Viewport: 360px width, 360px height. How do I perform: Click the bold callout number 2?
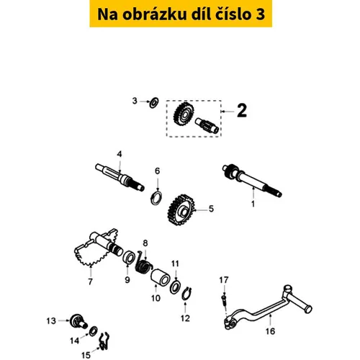pos(242,111)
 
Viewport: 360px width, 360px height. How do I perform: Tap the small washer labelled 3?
pos(154,102)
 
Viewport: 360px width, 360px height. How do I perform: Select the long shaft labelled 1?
pos(251,180)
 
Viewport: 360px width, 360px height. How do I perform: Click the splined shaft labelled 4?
pos(120,177)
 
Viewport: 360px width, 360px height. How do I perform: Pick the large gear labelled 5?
pos(181,210)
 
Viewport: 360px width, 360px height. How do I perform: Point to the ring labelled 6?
pos(157,197)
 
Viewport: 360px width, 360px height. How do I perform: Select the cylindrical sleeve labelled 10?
pos(160,278)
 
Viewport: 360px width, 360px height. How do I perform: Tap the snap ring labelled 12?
pos(186,294)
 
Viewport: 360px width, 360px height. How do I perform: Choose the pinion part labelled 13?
pos(78,321)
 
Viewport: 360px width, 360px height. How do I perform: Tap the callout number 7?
pos(90,282)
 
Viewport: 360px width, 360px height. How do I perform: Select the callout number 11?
pos(175,264)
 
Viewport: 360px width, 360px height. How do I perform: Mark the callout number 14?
pos(74,341)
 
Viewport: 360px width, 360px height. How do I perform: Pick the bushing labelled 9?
pos(129,257)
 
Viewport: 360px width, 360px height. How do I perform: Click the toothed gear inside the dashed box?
pos(184,114)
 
